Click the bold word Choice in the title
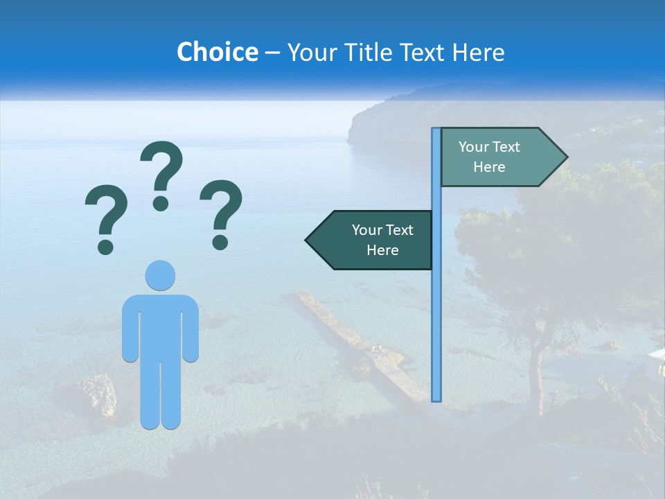217,52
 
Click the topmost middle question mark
161,173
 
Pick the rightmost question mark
221,213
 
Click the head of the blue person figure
160,275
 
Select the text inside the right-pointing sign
489,157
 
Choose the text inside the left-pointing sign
382,240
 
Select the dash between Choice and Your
272,53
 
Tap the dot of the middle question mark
161,203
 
